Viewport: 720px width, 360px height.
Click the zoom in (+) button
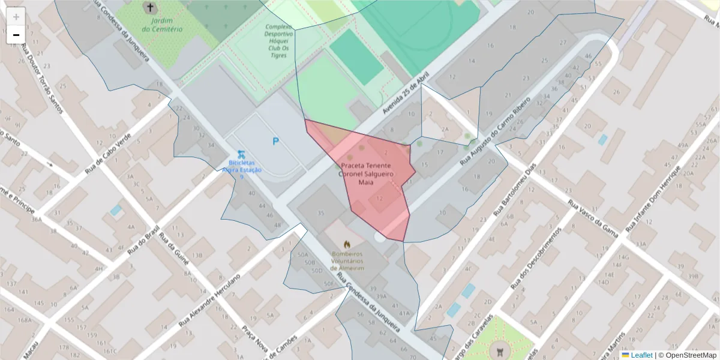point(16,17)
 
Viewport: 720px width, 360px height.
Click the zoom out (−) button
point(16,35)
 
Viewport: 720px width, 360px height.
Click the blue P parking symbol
point(276,142)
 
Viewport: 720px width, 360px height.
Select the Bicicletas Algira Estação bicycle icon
point(241,154)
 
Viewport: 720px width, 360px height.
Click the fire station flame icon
point(347,244)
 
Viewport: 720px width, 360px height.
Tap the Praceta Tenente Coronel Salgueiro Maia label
point(366,173)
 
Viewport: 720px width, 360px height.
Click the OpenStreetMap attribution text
point(690,355)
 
